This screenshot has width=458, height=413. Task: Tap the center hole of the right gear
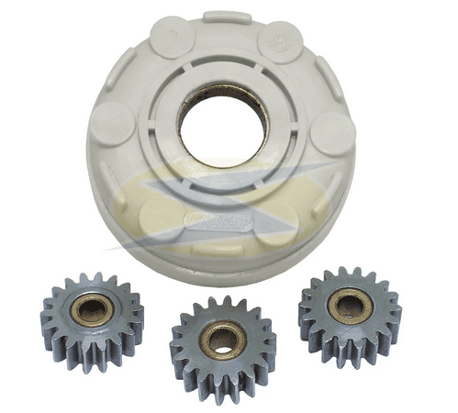(x=349, y=307)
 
